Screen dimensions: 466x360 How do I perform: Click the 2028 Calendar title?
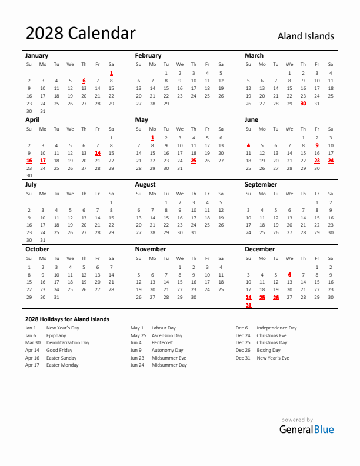point(81,34)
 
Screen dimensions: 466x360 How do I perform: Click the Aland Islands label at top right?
point(305,36)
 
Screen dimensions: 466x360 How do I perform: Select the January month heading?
point(37,55)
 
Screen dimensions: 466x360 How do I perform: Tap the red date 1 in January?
point(111,73)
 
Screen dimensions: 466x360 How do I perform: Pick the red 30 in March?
point(303,104)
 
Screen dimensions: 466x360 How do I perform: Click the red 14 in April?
point(98,152)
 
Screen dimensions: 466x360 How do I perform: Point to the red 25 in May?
point(194,160)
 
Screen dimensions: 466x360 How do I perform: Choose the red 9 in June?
point(317,145)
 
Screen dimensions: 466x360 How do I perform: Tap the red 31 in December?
point(248,305)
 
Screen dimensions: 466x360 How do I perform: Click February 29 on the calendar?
point(166,104)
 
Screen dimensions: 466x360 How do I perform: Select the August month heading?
point(145,184)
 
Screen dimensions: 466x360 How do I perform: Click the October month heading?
point(37,249)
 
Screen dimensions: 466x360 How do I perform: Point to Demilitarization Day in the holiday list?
point(68,342)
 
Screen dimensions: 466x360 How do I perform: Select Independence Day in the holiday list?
point(276,328)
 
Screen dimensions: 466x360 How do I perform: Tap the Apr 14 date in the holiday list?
point(32,350)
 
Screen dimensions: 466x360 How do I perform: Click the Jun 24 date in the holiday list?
point(137,365)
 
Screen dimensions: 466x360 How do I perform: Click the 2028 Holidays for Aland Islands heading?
point(67,319)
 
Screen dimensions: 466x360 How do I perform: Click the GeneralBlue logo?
point(306,429)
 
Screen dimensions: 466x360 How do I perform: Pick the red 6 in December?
point(289,274)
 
